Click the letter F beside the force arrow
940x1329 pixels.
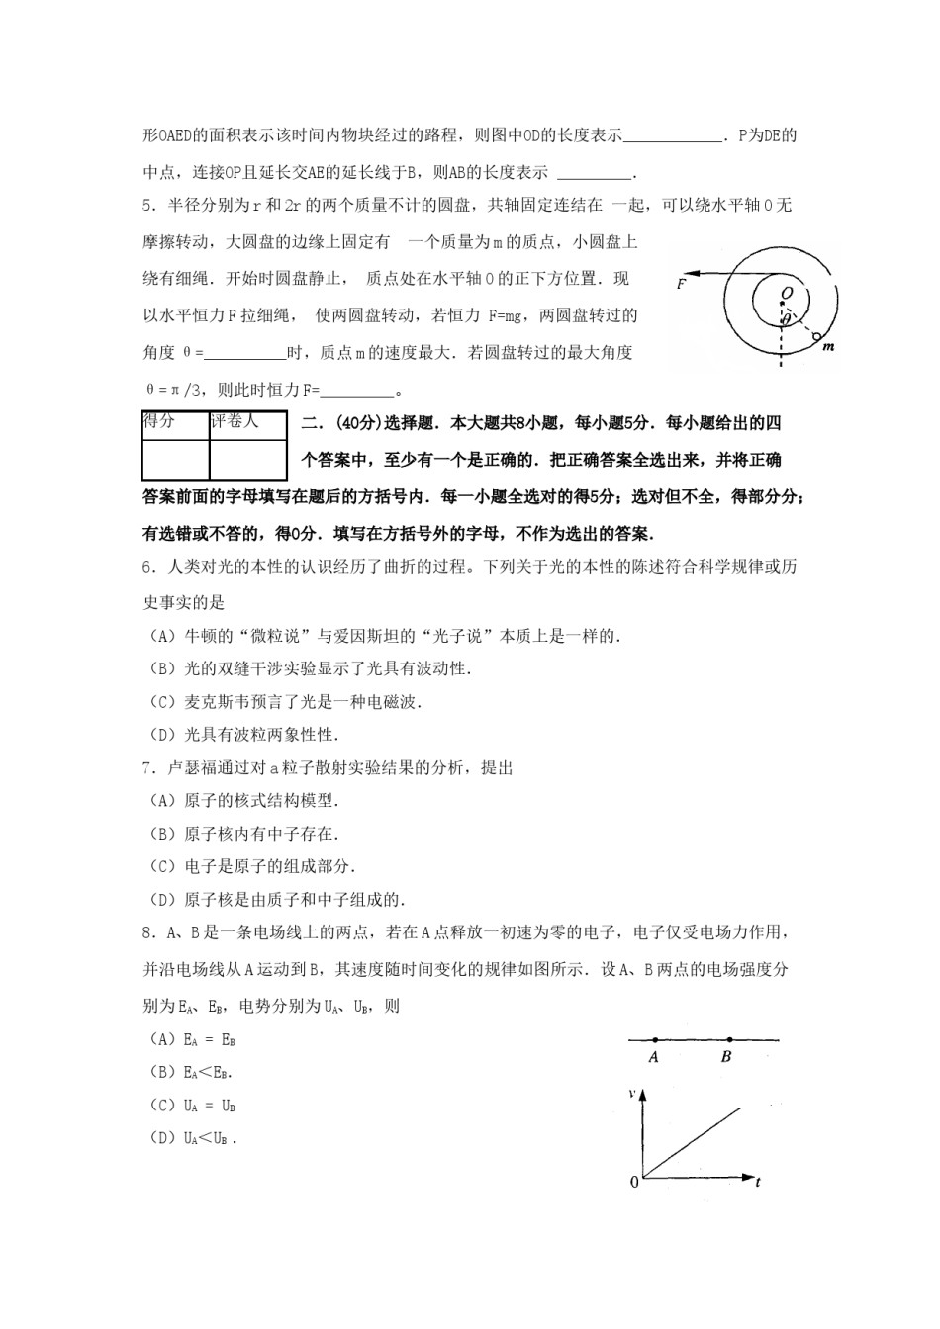682,284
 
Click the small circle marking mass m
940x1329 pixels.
816,337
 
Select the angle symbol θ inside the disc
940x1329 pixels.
785,318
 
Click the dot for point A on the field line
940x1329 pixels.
654,1039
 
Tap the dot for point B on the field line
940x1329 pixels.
729,1039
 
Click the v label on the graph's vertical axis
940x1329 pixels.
631,1093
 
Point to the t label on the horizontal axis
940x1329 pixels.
758,1182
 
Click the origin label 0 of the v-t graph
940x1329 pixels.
634,1182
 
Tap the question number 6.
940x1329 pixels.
147,567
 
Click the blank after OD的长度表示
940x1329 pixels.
673,136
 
